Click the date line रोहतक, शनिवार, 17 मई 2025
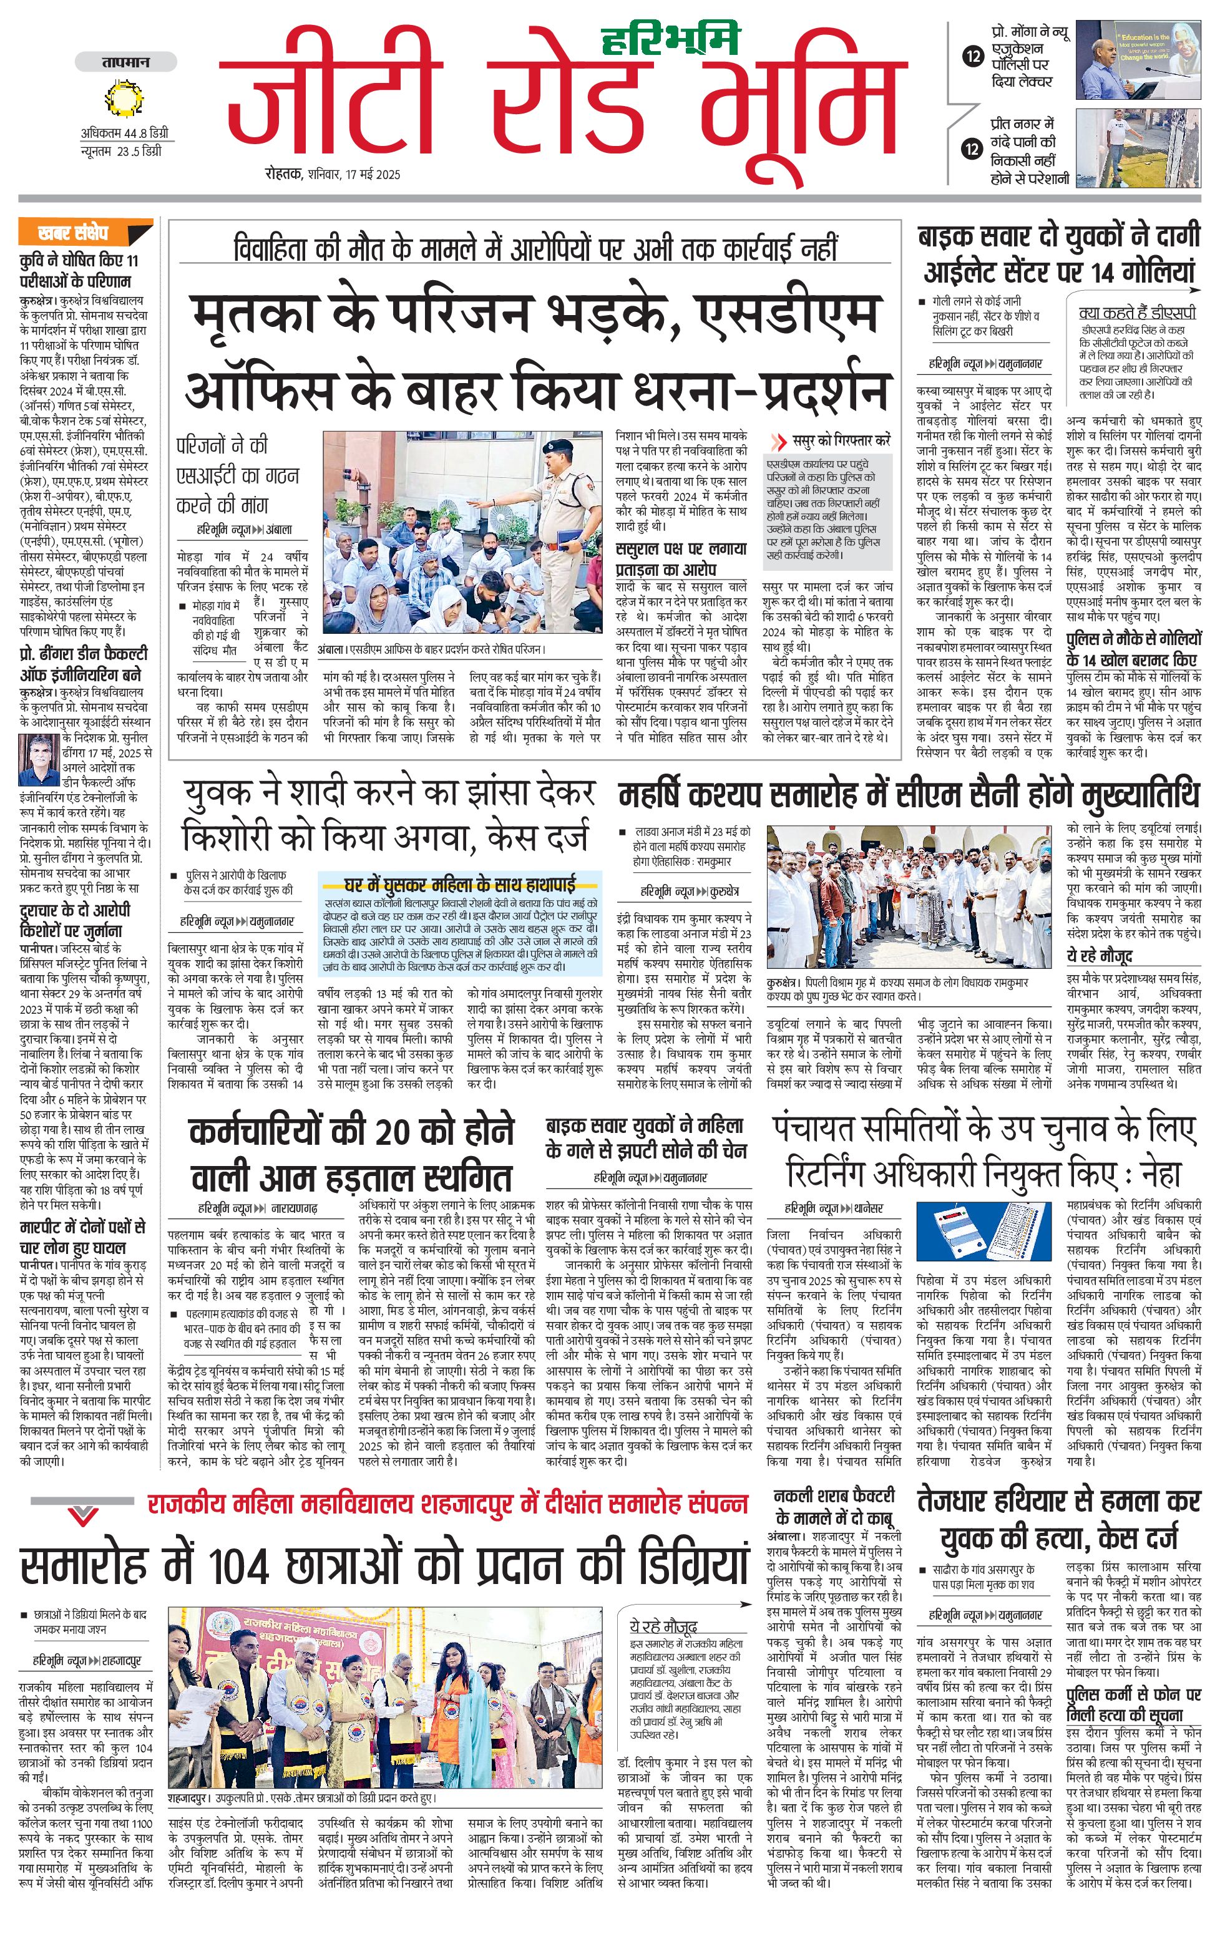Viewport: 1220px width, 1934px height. pos(333,174)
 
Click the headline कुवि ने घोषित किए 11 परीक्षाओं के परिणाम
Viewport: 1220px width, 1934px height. pos(79,271)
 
